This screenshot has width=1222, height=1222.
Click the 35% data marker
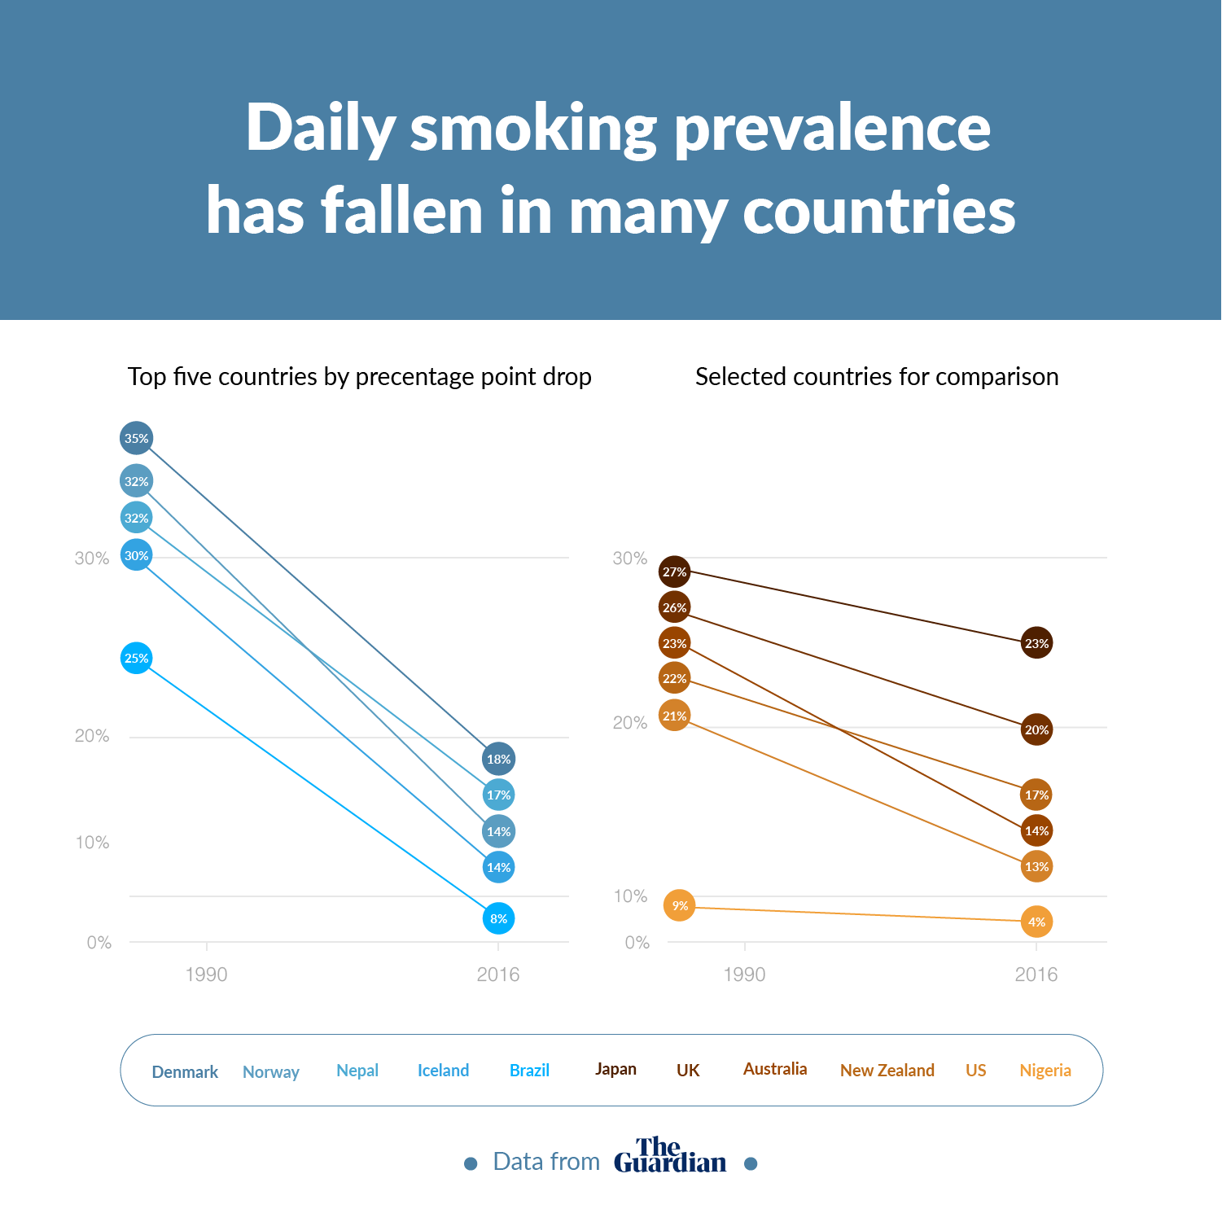coord(137,438)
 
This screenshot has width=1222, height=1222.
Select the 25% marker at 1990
coord(137,658)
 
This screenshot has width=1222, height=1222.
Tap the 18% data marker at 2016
coord(498,759)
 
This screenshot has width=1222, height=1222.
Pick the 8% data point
coord(498,918)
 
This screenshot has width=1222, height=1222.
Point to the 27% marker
coord(674,572)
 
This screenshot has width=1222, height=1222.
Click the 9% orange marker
coord(679,905)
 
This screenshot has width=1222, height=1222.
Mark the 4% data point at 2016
coord(1036,922)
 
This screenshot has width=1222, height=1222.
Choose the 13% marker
coord(1036,866)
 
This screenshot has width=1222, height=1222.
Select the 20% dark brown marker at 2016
coord(1036,729)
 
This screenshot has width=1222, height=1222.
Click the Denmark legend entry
coord(185,1071)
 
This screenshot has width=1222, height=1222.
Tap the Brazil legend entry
coord(529,1071)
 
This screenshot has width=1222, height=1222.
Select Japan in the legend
coord(615,1069)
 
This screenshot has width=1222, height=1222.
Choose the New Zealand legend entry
coord(887,1071)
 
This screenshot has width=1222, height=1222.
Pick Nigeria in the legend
coord(1045,1071)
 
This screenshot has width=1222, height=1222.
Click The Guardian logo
coord(669,1156)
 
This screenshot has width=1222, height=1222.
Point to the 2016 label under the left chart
coord(497,975)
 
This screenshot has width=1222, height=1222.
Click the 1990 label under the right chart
coord(744,975)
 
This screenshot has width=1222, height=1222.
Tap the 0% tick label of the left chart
coord(99,943)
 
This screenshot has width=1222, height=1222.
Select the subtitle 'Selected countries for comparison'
coord(877,376)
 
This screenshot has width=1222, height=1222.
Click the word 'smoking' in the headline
coord(533,129)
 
